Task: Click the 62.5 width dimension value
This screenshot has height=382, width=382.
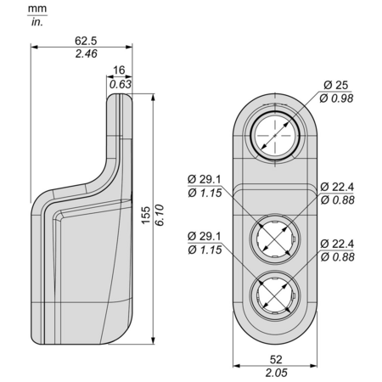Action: click(86, 41)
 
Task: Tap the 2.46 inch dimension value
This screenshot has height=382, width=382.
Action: click(86, 53)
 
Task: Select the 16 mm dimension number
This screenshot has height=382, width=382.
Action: click(119, 70)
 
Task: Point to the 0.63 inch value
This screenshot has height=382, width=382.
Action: click(121, 84)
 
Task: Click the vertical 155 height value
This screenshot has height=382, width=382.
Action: click(146, 216)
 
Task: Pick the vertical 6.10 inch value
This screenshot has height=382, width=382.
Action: click(160, 215)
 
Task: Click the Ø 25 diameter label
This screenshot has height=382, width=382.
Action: click(336, 85)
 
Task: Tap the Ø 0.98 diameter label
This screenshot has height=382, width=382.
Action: click(336, 98)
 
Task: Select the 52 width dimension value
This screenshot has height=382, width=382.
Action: click(276, 360)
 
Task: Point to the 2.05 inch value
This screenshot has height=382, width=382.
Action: click(276, 373)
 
